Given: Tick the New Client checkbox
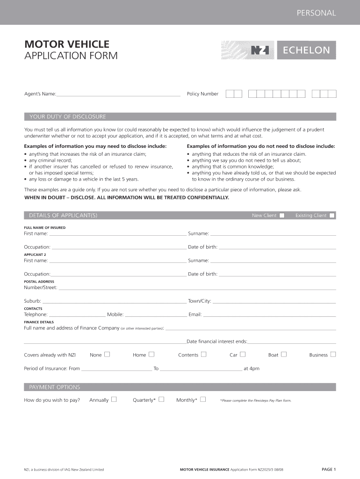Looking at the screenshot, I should point(282,216).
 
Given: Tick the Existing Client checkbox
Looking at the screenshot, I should point(332,216).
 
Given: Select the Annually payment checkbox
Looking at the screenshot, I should point(114,399).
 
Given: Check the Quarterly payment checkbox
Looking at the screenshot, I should point(161,399).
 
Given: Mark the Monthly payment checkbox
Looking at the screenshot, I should point(203,399).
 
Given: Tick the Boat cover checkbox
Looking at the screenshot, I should point(284,355).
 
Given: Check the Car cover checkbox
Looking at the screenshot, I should point(243,355).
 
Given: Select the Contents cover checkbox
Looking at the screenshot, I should point(203,355).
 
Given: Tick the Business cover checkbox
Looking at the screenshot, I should point(333,355).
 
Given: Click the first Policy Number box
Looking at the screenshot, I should point(230,94).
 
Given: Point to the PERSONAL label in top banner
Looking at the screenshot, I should point(316,13).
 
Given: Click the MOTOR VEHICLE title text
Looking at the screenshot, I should point(67,44).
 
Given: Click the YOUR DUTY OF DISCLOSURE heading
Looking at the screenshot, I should point(68,116).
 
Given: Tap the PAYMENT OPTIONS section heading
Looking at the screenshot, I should point(55,387).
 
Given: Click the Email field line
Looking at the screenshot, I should point(269,315).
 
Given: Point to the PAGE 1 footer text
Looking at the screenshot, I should point(329,469).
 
